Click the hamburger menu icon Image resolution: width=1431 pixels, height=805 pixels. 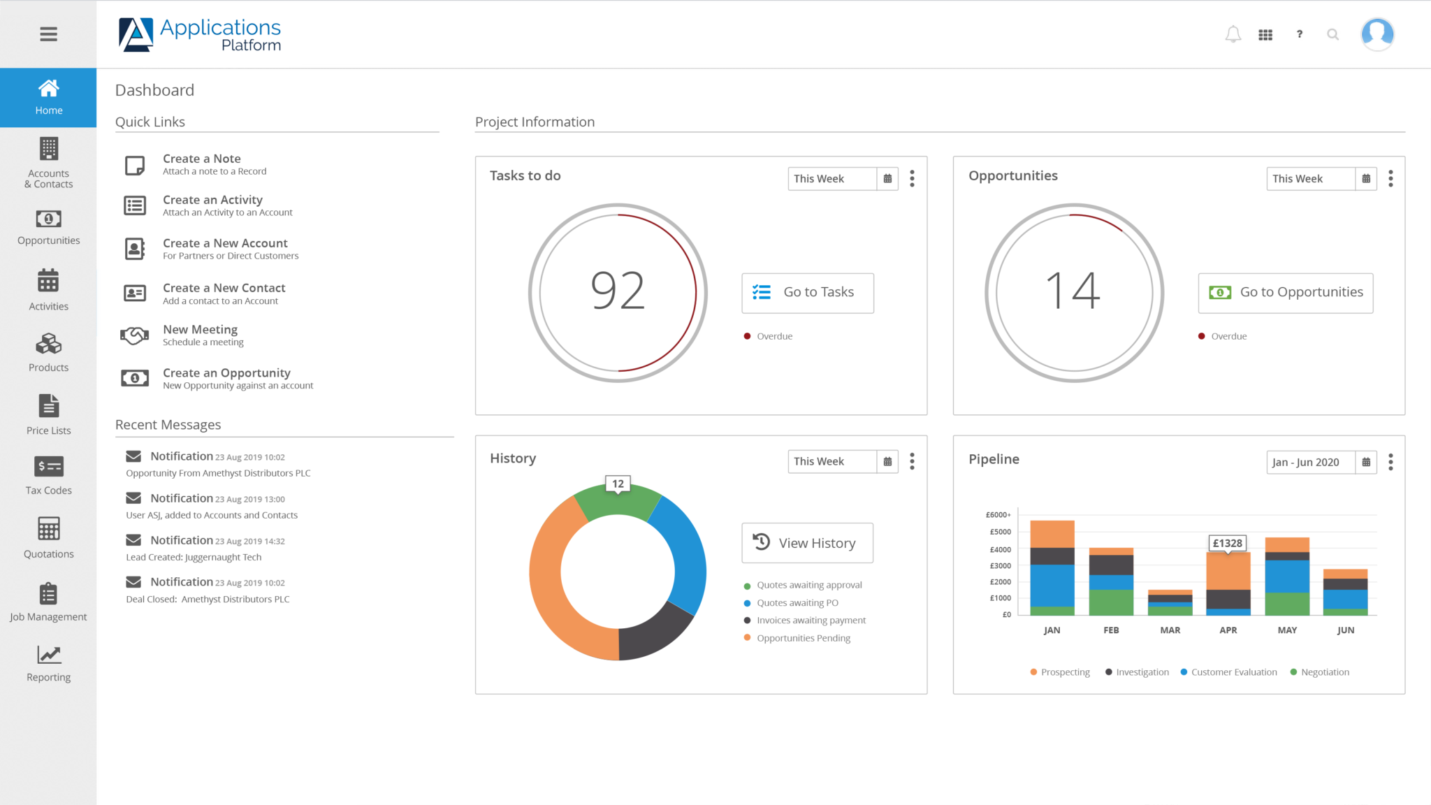tap(48, 34)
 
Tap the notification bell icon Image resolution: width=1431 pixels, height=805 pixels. tap(1233, 34)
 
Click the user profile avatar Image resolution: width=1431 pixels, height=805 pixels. tap(1376, 34)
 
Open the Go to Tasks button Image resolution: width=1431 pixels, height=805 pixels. tap(807, 293)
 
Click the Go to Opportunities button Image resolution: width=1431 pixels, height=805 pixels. tap(1285, 293)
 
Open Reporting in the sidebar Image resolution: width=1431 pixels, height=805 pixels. tap(48, 663)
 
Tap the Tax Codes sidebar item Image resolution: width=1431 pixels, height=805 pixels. tap(48, 475)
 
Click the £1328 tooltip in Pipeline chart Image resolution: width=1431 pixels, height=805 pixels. tap(1227, 543)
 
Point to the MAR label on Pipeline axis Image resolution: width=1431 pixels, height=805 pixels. tap(1170, 630)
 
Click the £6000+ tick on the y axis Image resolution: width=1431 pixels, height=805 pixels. tap(998, 515)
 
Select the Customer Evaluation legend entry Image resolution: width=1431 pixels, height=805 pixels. tap(1233, 672)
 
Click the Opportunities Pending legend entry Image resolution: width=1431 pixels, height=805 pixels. tap(803, 638)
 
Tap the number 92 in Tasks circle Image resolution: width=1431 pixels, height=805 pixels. tap(618, 291)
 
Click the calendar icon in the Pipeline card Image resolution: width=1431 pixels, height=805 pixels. tap(1366, 462)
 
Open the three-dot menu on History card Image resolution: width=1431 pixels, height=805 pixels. tap(912, 461)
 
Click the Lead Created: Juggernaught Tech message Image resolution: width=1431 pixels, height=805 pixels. tap(194, 557)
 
